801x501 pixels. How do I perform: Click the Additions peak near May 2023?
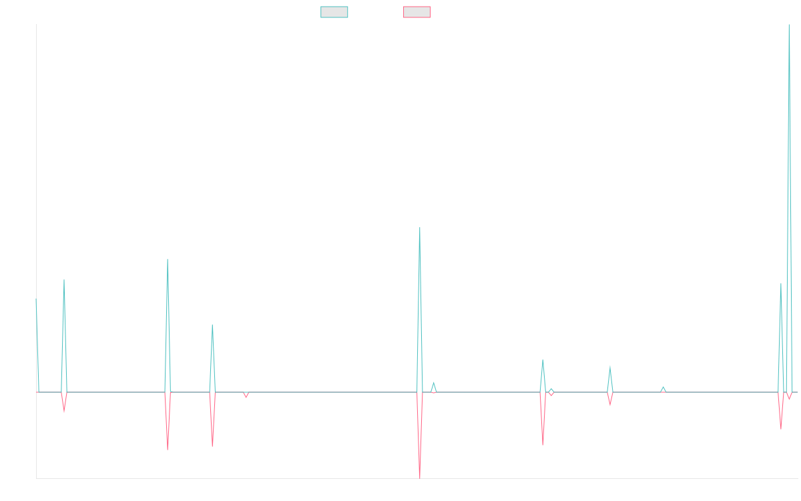pyautogui.click(x=420, y=228)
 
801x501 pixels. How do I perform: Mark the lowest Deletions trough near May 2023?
pyautogui.click(x=420, y=476)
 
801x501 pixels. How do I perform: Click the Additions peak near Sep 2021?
pyautogui.click(x=168, y=259)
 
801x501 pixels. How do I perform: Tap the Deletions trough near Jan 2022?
pyautogui.click(x=212, y=446)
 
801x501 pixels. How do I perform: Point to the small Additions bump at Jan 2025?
pyautogui.click(x=663, y=387)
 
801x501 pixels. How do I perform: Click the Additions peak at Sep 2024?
pyautogui.click(x=609, y=367)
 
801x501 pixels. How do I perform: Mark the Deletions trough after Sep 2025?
pyautogui.click(x=781, y=428)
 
